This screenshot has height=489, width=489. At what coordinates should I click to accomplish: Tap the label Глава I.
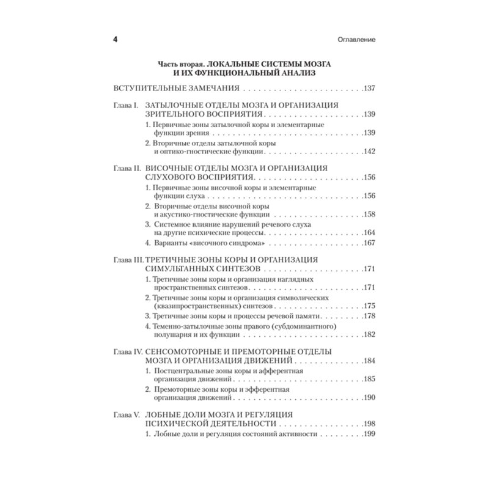click(127, 105)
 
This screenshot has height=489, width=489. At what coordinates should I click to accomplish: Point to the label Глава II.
click(128, 167)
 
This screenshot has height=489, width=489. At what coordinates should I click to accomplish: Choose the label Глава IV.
click(129, 351)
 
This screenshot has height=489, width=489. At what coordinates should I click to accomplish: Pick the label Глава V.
click(128, 415)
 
